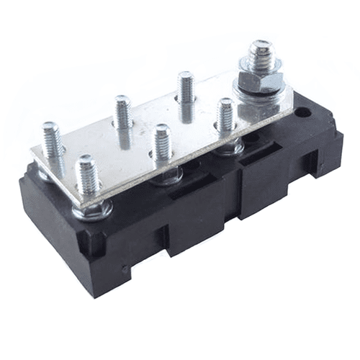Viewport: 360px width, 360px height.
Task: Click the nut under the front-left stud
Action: (x=92, y=210)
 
